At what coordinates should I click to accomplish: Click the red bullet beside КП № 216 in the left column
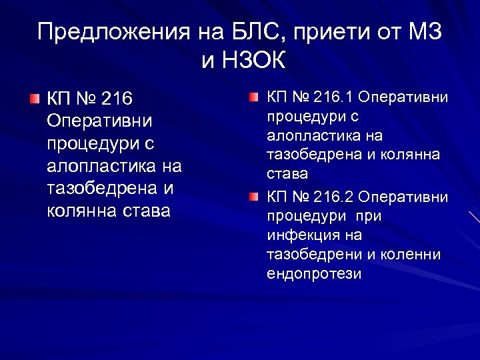34,99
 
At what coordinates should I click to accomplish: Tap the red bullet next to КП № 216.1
254,97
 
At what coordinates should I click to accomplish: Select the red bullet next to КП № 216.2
254,198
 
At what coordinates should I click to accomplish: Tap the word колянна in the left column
80,211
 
